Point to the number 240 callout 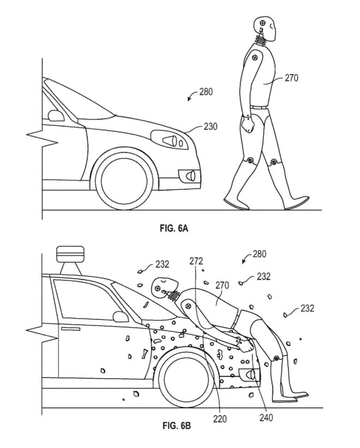point(266,419)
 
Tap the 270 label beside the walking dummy point(292,78)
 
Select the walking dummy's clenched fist point(249,125)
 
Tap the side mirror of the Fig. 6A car point(56,115)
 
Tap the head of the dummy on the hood point(162,286)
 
